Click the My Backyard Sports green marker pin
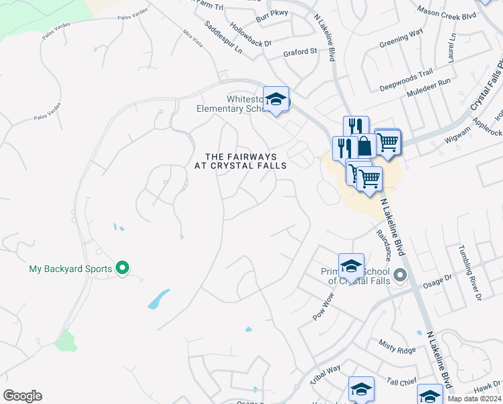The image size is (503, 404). [x=122, y=268]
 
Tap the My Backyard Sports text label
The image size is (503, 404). [x=70, y=269]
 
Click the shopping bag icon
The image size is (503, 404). [x=364, y=145]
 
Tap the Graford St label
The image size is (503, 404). [x=299, y=52]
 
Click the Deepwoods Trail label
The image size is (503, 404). [x=405, y=81]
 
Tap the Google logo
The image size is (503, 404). [x=22, y=396]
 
